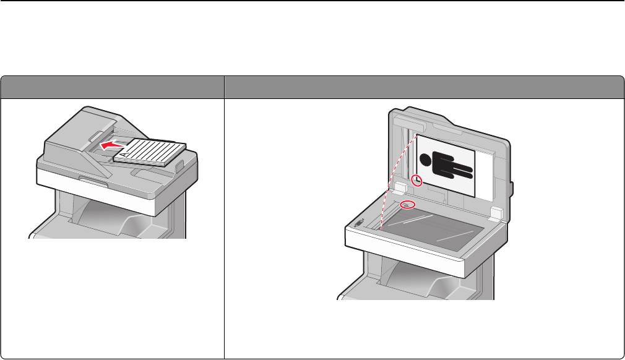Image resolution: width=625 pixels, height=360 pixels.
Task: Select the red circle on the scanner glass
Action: [407, 204]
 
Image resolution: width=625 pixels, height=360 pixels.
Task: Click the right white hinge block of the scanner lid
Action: [496, 212]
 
